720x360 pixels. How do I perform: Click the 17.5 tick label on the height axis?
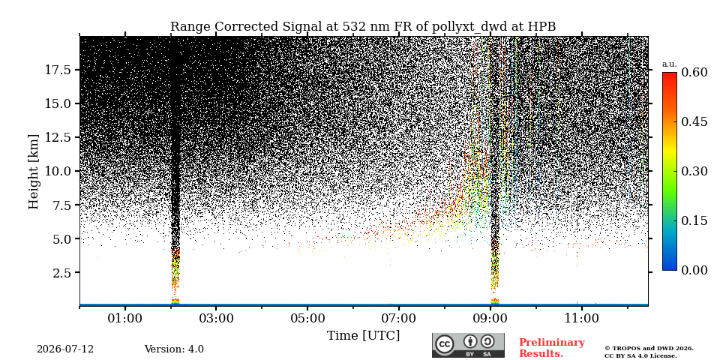(x=57, y=70)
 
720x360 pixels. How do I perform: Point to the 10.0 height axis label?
(x=57, y=171)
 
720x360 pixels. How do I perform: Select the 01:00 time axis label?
(x=125, y=318)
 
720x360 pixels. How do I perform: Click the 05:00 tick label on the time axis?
(x=307, y=318)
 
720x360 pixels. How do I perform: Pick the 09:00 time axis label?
(x=490, y=318)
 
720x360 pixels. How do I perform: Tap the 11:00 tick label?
(x=582, y=318)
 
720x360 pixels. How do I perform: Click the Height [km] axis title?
(x=34, y=172)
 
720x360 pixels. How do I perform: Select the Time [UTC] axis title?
(x=363, y=336)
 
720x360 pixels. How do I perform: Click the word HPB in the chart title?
(x=541, y=27)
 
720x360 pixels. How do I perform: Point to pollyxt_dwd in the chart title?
(x=469, y=27)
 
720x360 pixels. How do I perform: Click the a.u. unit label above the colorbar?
(x=670, y=64)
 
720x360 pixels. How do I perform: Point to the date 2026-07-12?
(x=65, y=349)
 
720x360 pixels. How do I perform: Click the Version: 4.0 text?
(x=174, y=349)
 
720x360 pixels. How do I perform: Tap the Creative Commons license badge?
(x=468, y=345)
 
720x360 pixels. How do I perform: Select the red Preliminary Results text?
(x=552, y=348)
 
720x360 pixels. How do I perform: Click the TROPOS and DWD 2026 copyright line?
(x=649, y=349)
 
